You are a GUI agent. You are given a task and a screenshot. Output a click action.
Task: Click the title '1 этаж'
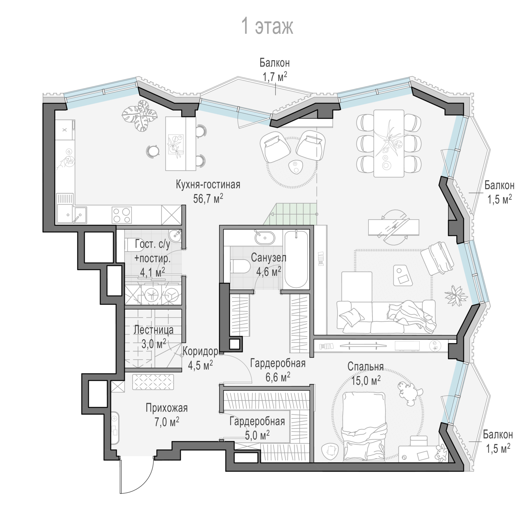click(267, 27)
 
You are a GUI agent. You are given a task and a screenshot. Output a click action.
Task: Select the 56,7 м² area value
click(208, 198)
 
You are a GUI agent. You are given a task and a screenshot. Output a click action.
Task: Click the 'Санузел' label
click(268, 258)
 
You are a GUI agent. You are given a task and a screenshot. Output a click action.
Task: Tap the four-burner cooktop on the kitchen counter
click(122, 215)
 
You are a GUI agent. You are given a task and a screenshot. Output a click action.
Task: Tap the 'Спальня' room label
click(365, 366)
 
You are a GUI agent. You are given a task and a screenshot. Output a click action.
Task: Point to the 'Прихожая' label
click(166, 408)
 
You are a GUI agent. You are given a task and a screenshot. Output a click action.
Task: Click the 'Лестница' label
click(153, 330)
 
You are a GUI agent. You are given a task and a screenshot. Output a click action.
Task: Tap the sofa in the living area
click(386, 317)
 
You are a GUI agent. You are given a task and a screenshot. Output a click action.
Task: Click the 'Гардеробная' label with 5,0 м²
click(257, 421)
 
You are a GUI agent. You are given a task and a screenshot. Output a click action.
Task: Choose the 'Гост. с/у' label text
click(153, 244)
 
